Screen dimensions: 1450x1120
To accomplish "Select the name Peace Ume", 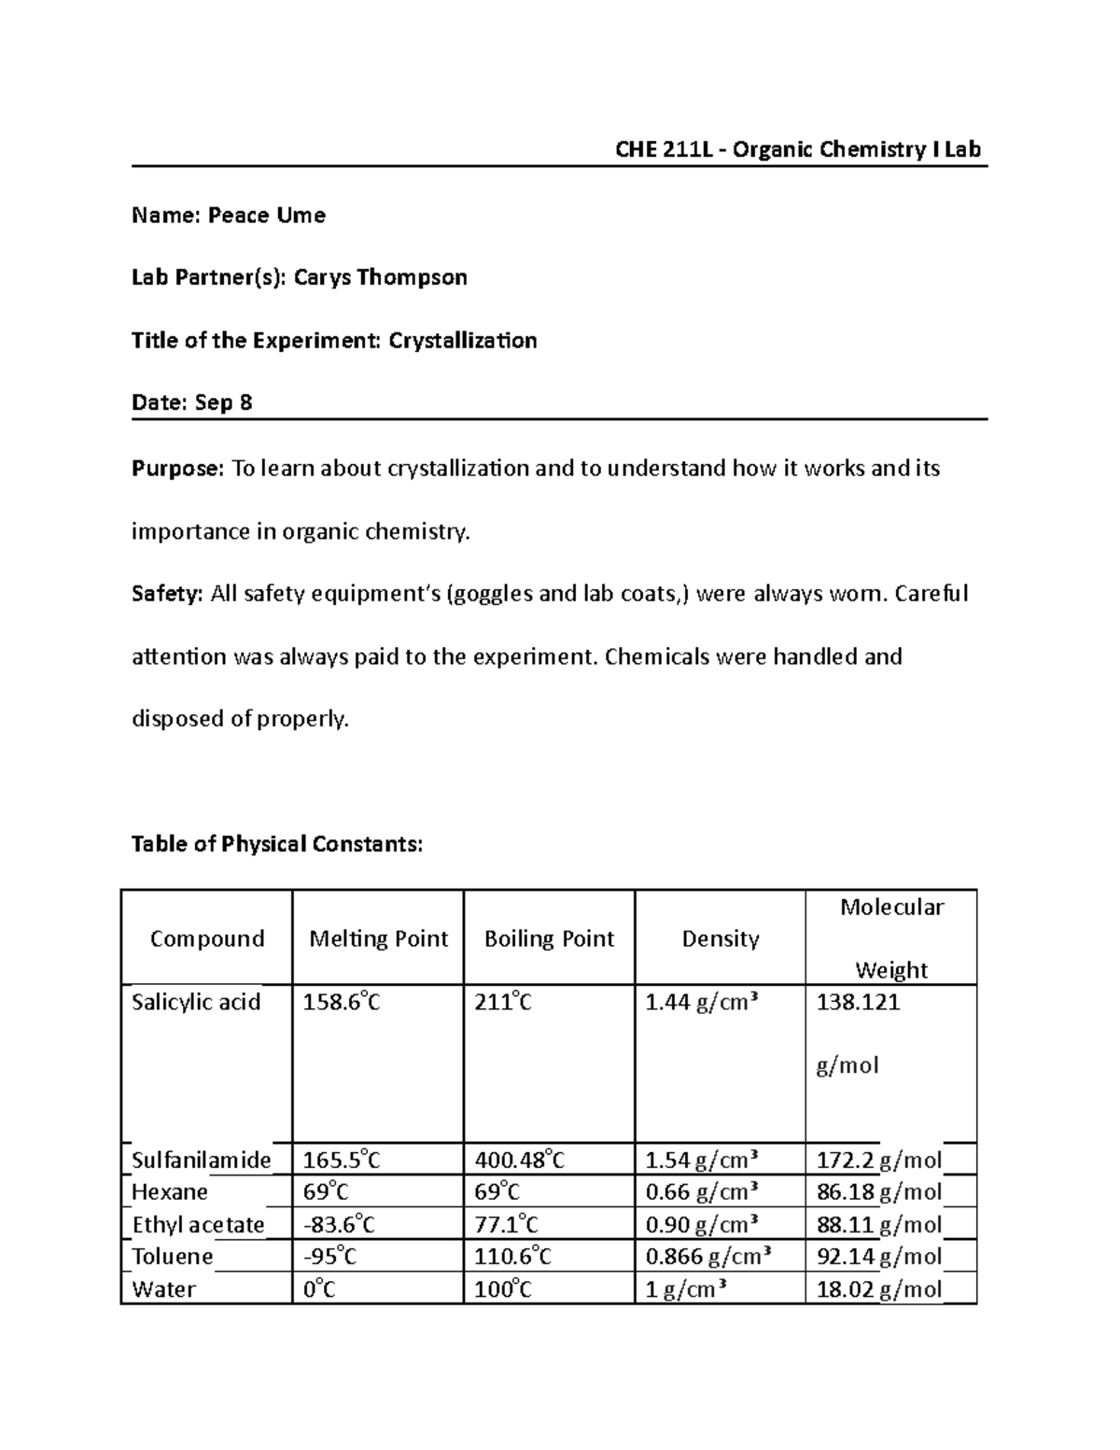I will point(266,216).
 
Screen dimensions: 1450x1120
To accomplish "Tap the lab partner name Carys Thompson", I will point(380,277).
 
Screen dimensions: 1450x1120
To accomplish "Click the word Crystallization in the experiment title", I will point(462,340).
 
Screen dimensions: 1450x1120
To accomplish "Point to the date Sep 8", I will point(224,402).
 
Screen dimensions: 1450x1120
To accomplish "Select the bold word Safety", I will point(166,594).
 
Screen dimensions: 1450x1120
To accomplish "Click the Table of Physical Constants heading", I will point(277,844).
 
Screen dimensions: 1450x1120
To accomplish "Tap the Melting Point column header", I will point(378,938).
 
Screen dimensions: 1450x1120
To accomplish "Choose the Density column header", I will point(720,938).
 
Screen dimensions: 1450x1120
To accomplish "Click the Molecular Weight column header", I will point(891,937).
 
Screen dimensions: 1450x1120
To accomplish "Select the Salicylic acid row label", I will point(196,1002).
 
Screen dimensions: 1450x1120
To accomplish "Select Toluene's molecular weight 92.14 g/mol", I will point(878,1256).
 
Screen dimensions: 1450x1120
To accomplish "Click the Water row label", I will point(164,1289).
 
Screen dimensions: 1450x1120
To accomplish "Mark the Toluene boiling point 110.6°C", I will point(512,1256).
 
